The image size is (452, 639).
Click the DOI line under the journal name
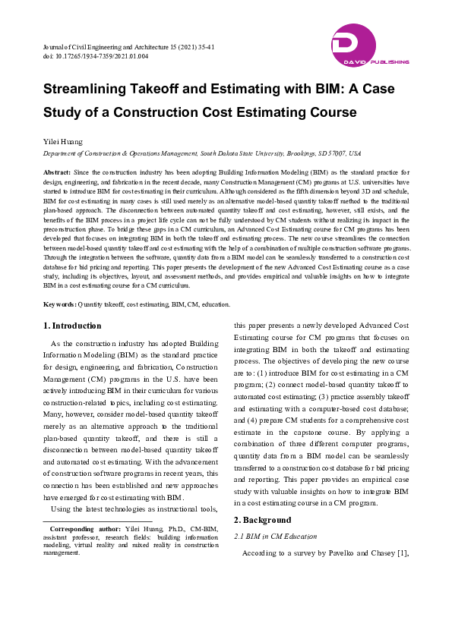pyautogui.click(x=95, y=56)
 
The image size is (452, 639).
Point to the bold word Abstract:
pyautogui.click(x=58, y=174)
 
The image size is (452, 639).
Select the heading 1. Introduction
pyautogui.click(x=71, y=326)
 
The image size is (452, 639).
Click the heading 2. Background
pyautogui.click(x=262, y=520)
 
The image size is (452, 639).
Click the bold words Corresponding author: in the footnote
pyautogui.click(x=81, y=527)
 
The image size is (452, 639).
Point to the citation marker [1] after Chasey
pyautogui.click(x=403, y=553)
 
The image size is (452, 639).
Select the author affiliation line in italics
pyautogui.click(x=201, y=153)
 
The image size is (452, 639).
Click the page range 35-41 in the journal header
pyautogui.click(x=205, y=47)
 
